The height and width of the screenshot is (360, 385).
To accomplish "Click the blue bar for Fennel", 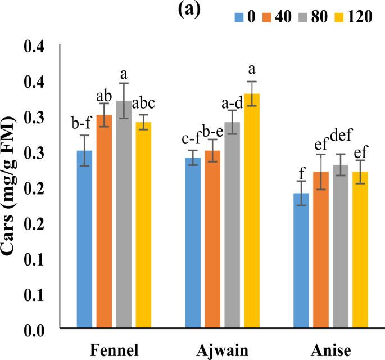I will (84, 239).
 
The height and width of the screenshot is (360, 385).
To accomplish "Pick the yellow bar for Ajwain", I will (252, 210).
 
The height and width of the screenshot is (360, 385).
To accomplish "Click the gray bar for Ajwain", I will (232, 224).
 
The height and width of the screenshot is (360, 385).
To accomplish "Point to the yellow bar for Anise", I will (360, 250).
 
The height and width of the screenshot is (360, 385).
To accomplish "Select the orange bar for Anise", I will (321, 250).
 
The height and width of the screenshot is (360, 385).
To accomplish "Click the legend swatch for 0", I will (238, 17).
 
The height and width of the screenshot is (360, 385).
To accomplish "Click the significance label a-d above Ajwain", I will (233, 103).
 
